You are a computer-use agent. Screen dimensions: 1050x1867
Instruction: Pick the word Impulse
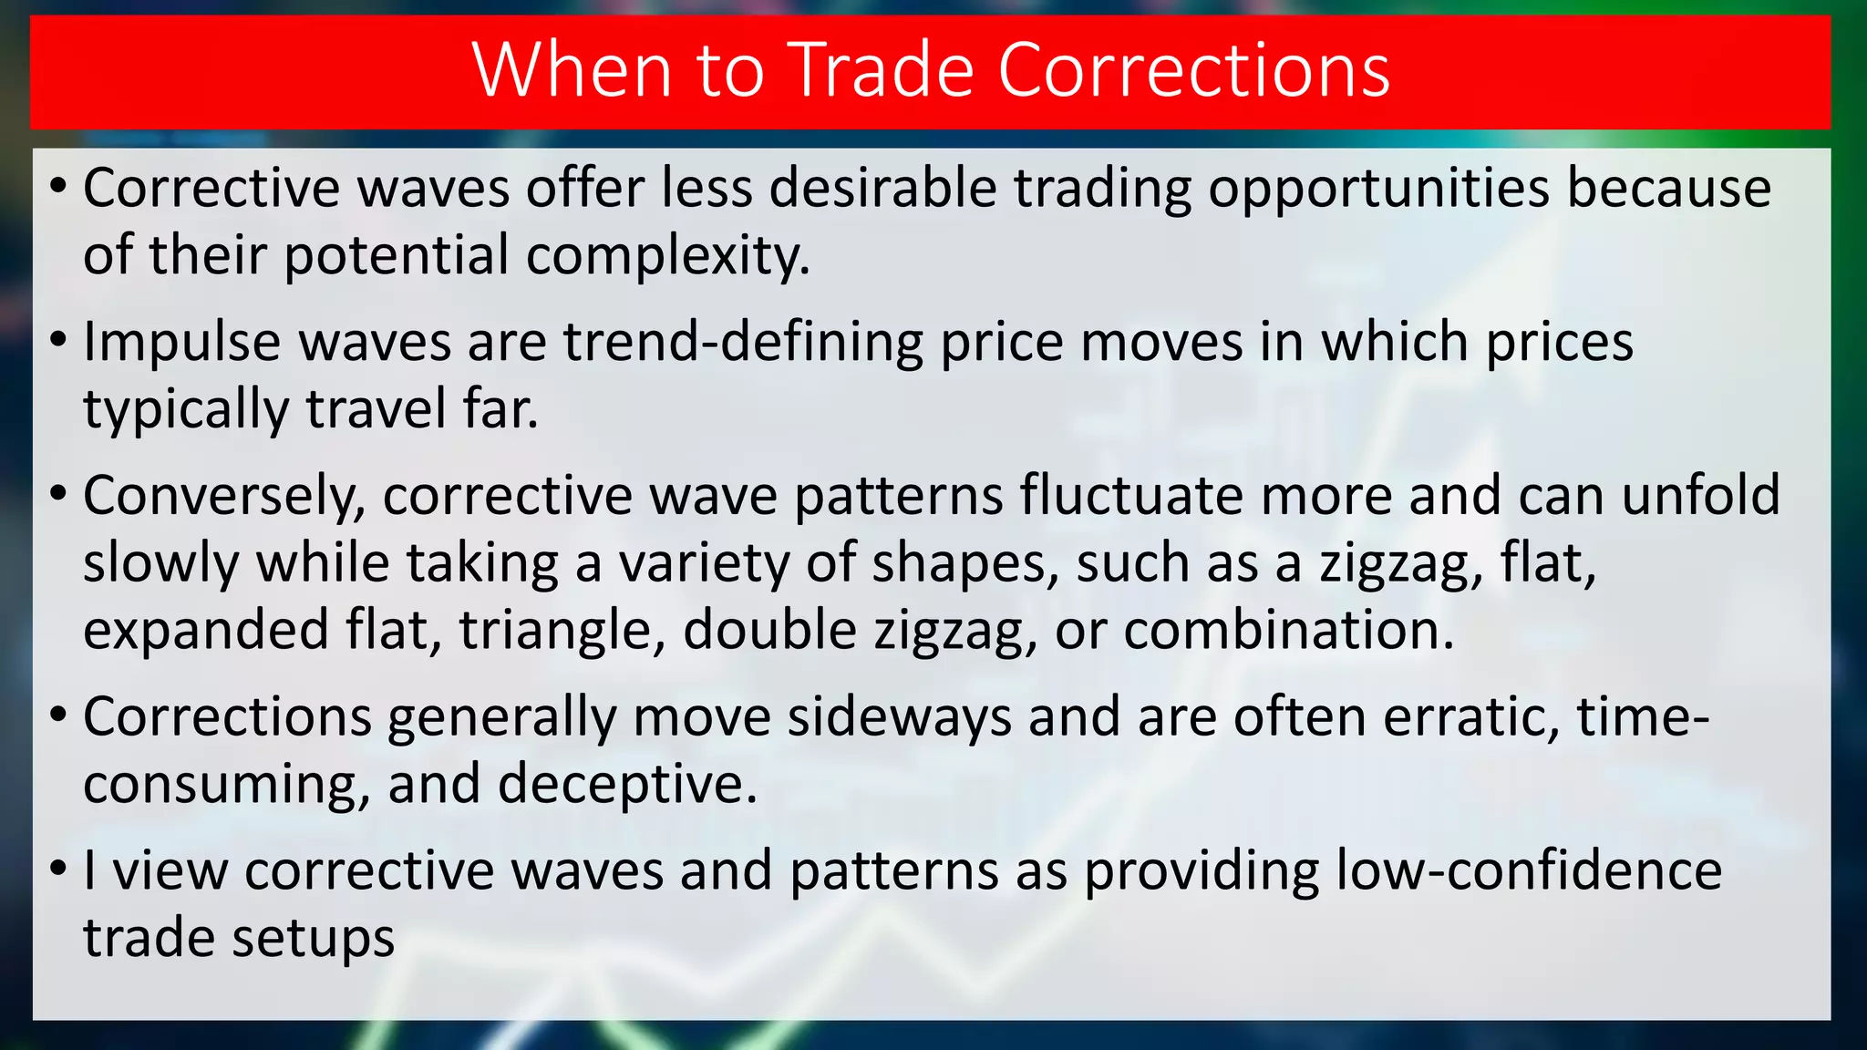(x=181, y=343)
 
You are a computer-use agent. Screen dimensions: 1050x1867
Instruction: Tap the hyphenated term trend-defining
(x=743, y=343)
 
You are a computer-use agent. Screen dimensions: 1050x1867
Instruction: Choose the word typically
(x=186, y=409)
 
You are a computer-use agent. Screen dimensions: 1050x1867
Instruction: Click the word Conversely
(x=224, y=497)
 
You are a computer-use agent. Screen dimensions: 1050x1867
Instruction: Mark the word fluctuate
(x=1131, y=497)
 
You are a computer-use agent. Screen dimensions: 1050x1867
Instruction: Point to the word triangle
(x=562, y=630)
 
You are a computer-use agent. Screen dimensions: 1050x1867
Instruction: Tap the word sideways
(x=900, y=717)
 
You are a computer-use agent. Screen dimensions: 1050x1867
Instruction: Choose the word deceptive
(x=627, y=784)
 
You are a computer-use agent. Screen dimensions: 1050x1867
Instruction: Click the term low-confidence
(x=1529, y=870)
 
